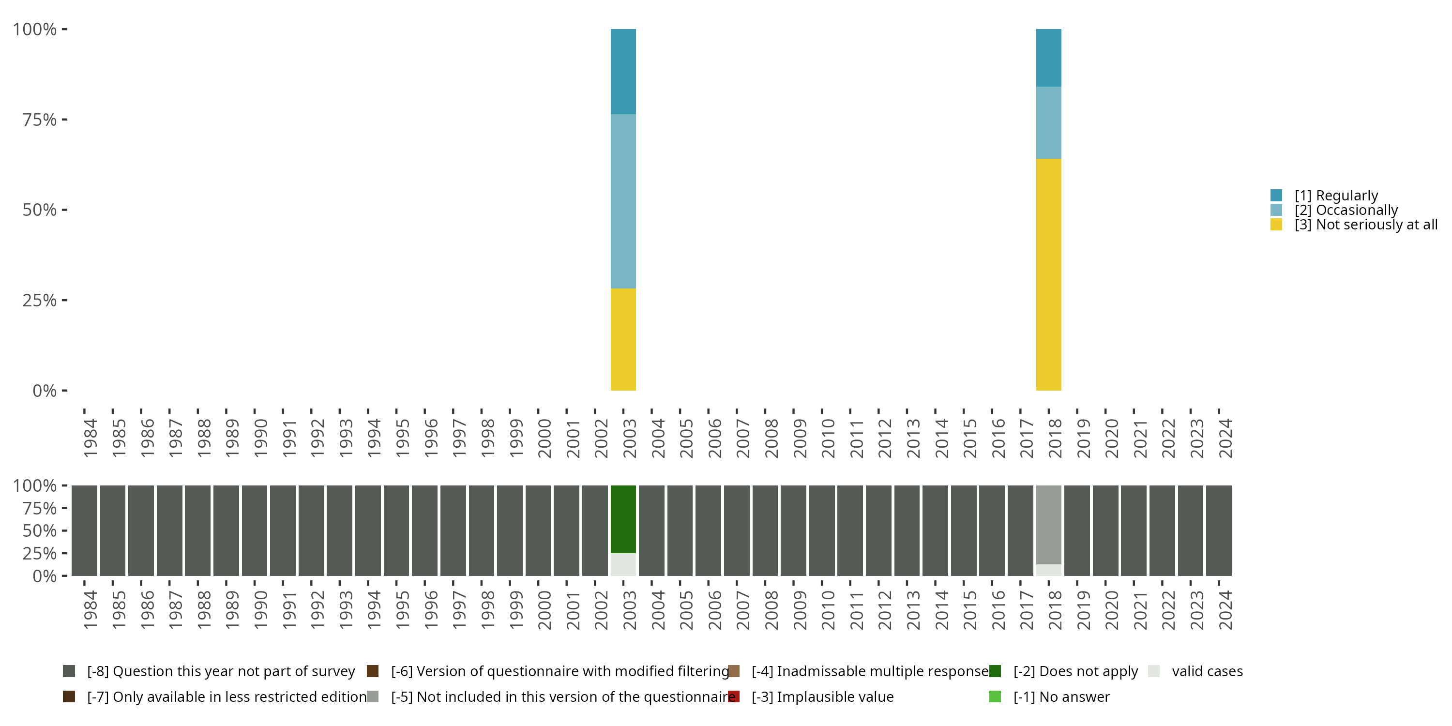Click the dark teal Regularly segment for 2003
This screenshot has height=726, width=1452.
point(623,72)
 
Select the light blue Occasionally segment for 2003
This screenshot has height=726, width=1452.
point(623,201)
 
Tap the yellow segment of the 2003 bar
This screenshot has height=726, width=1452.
point(623,339)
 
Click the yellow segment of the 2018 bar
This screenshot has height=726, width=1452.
point(1048,274)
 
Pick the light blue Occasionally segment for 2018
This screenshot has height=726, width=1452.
point(1048,123)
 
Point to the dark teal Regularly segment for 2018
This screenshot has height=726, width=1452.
point(1048,58)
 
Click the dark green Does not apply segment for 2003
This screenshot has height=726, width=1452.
point(623,518)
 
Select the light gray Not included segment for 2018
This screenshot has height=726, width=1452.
point(1048,524)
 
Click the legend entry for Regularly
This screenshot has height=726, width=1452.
point(1336,196)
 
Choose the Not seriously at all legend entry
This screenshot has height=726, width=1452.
point(1365,225)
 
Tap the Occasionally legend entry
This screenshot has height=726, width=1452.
point(1346,210)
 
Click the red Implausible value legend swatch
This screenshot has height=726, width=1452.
point(733,696)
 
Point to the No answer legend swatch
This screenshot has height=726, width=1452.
point(995,696)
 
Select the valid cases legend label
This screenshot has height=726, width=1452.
point(1207,671)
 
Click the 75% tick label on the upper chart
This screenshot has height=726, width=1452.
point(40,120)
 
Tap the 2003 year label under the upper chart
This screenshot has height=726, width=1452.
point(629,438)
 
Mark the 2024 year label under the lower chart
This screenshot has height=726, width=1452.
point(1225,610)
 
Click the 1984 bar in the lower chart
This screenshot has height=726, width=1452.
point(85,530)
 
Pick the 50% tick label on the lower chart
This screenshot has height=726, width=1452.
point(40,531)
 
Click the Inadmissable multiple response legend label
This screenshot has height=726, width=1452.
point(870,671)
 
